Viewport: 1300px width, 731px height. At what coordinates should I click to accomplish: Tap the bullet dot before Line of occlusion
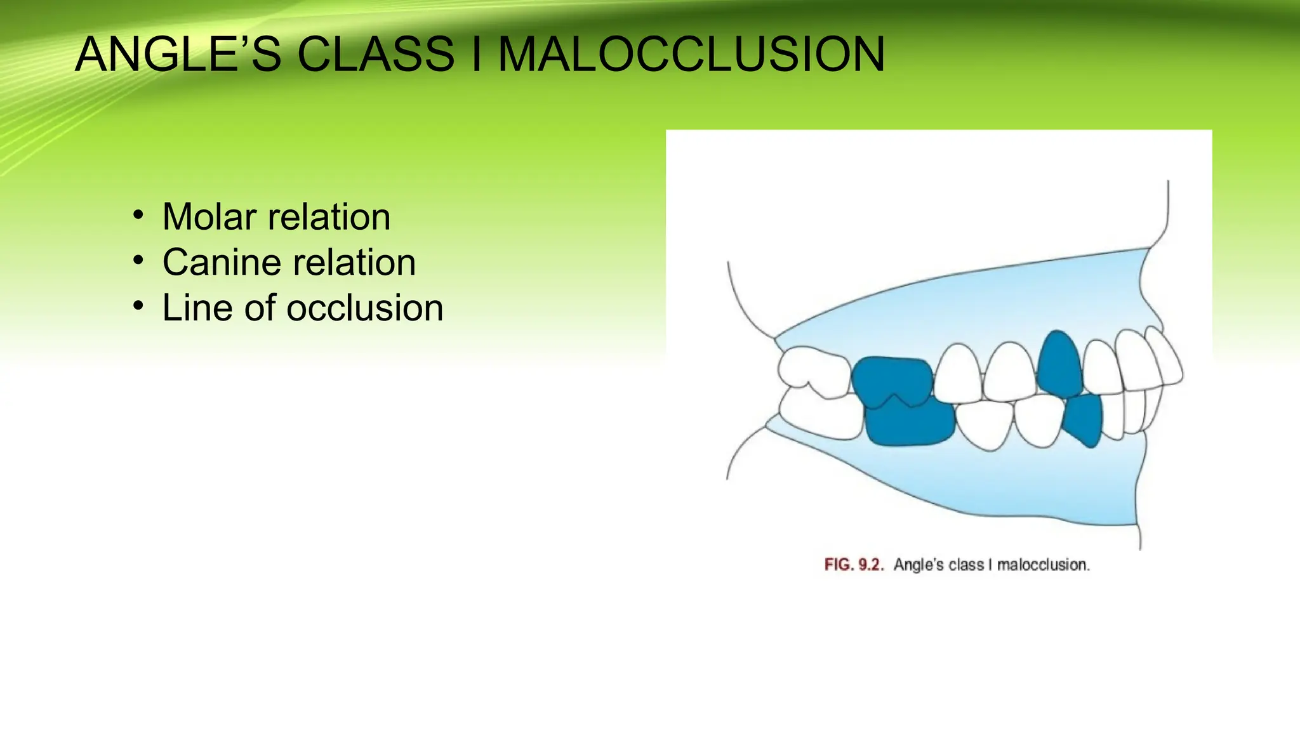(x=138, y=306)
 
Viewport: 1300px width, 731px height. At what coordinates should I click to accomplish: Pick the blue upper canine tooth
(x=1059, y=365)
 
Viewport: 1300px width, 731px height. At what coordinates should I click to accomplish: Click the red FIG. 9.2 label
(x=853, y=565)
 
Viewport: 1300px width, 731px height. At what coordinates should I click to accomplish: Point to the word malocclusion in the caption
(x=1042, y=565)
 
